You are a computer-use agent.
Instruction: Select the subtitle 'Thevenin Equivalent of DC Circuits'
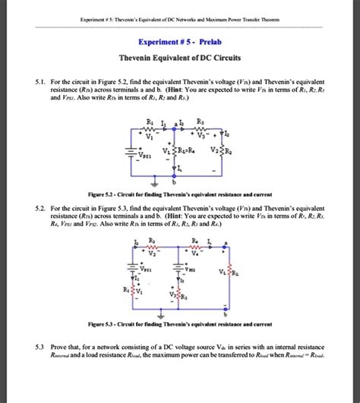click(180, 60)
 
